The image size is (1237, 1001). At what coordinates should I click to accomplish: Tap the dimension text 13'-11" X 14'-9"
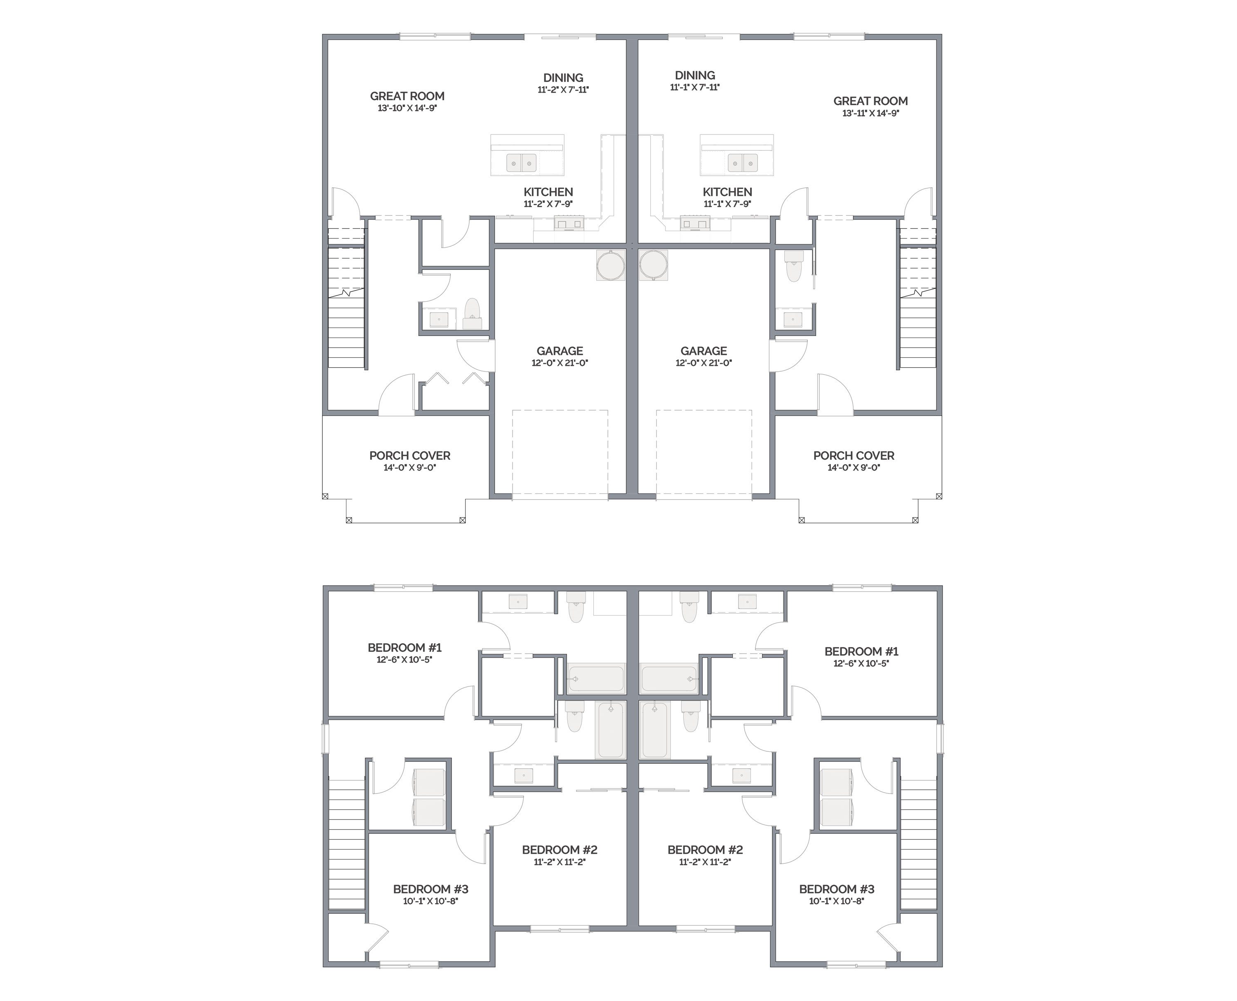point(870,113)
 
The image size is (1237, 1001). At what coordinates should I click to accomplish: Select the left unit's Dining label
point(563,78)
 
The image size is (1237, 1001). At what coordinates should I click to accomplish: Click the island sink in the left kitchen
point(522,163)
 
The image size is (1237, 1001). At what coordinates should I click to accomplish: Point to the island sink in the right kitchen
point(743,163)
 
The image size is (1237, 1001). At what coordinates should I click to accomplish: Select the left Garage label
point(560,351)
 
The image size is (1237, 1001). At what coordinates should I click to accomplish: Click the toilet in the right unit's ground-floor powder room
point(794,266)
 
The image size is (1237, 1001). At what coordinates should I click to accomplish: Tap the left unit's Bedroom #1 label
point(404,647)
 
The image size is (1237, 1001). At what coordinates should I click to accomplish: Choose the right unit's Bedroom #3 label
point(837,889)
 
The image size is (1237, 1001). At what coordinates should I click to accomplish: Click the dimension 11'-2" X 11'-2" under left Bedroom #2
point(560,862)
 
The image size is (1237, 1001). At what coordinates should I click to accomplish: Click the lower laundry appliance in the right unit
point(837,812)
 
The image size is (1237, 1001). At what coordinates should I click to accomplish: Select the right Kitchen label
point(727,192)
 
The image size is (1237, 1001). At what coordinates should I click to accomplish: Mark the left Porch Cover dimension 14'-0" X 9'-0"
point(409,467)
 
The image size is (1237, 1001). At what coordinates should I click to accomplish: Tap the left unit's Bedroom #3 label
point(431,889)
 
